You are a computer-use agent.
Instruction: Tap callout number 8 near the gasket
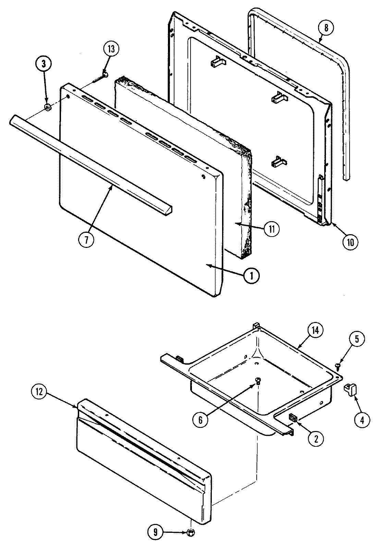[x=326, y=28]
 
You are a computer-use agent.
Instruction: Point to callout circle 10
[x=349, y=242]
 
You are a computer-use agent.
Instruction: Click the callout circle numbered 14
[x=315, y=331]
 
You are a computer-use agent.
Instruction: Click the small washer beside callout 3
[x=48, y=108]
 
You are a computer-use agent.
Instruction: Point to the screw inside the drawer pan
[x=258, y=380]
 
